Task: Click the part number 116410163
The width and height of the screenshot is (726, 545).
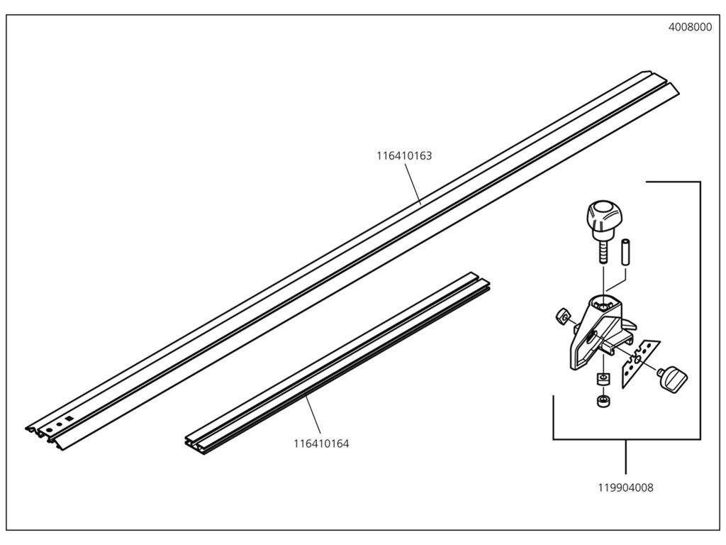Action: pos(404,155)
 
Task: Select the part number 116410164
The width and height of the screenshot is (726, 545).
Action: pos(321,444)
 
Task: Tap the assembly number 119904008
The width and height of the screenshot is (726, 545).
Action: pos(626,488)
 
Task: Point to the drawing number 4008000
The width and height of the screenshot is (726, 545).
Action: pos(690,28)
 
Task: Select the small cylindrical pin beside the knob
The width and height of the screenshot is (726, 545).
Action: pos(626,252)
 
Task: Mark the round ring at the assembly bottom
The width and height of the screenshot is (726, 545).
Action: pos(603,400)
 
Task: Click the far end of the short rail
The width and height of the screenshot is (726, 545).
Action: pos(483,280)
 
